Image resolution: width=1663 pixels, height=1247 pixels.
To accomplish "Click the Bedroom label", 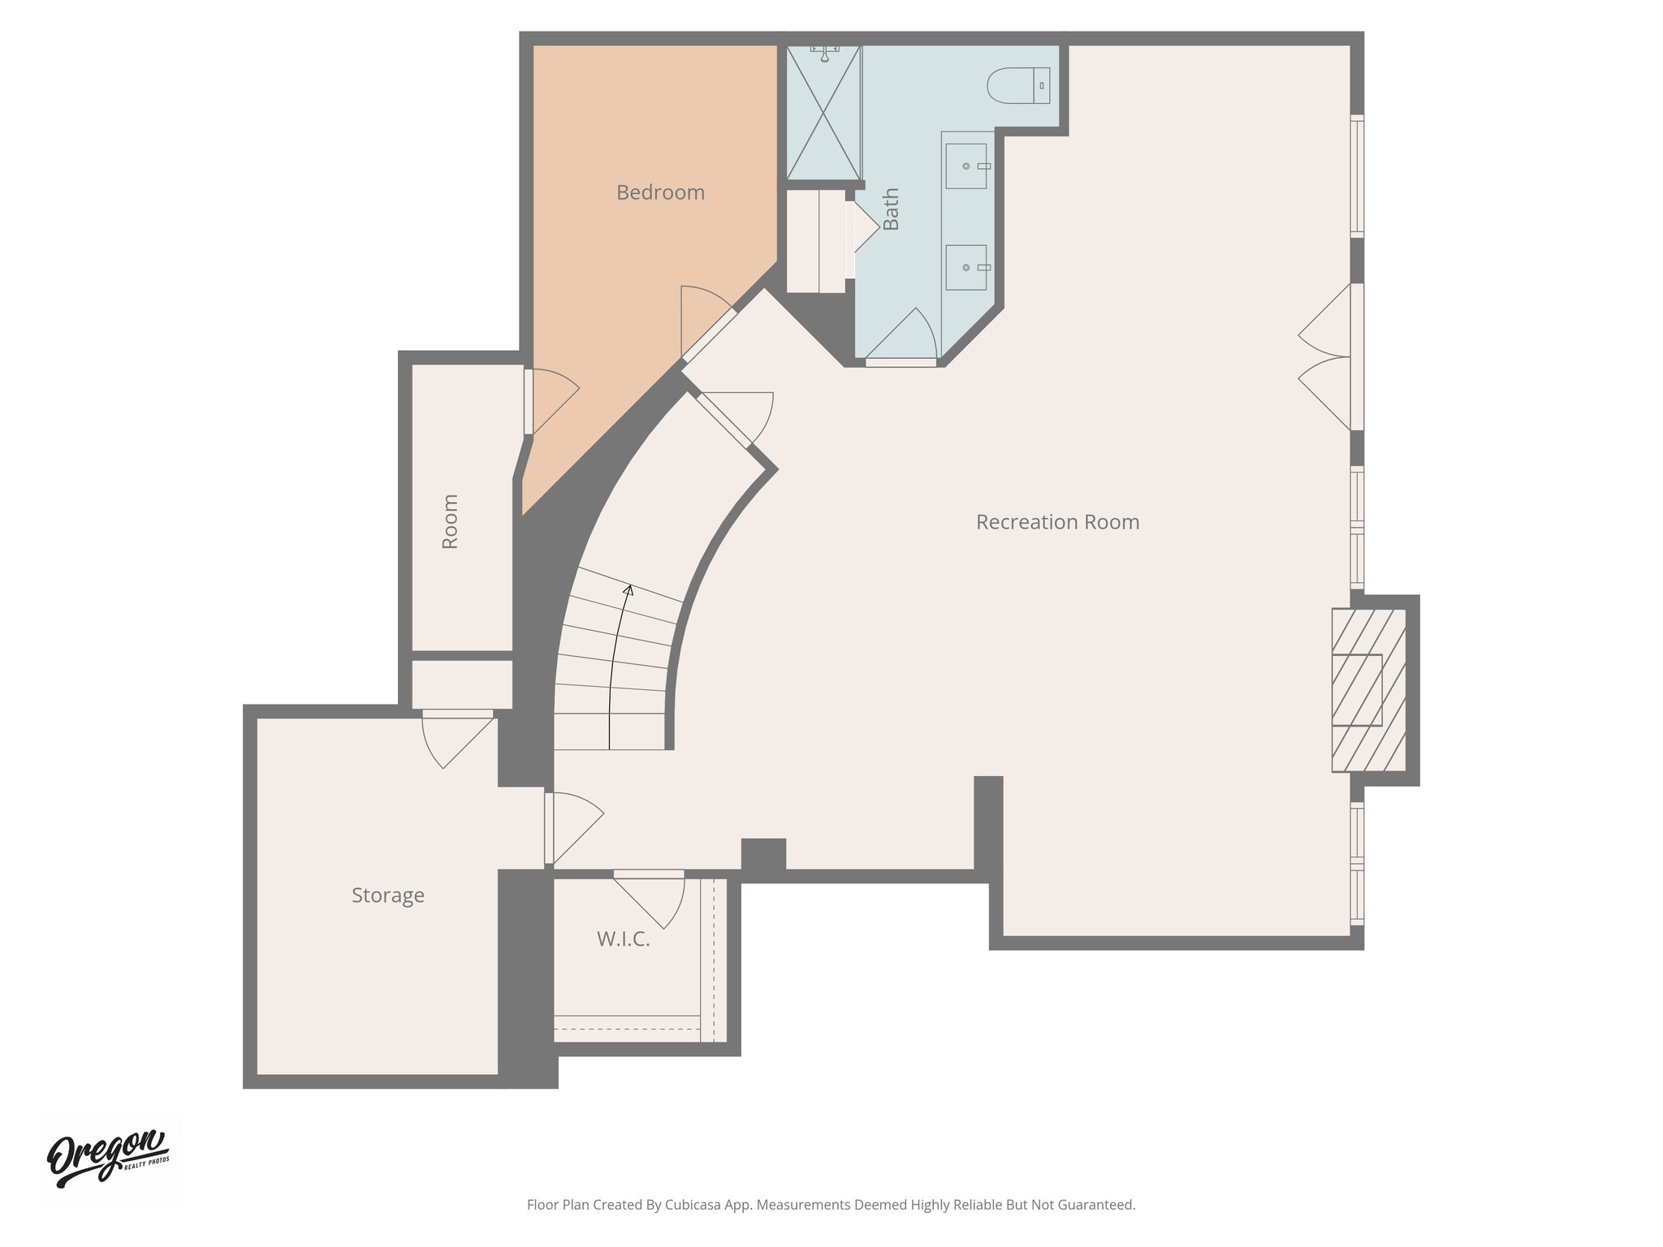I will click(660, 192).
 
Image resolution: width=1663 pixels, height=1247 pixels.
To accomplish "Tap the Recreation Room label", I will click(1057, 522).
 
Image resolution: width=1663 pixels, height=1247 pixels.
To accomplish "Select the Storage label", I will click(387, 895).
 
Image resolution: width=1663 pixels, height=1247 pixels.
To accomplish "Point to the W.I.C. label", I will click(623, 939).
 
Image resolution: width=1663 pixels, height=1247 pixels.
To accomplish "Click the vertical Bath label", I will click(891, 209).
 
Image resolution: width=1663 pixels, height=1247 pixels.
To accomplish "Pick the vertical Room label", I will click(450, 521).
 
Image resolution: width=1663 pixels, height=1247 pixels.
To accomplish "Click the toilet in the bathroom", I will click(1017, 85).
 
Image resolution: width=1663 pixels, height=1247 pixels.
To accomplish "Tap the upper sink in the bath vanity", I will click(966, 166).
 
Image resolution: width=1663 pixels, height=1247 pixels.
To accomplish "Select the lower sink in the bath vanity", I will click(966, 267).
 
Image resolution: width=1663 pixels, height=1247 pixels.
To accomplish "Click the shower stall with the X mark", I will click(823, 114).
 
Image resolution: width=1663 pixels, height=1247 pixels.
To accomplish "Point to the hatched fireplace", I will click(1368, 690).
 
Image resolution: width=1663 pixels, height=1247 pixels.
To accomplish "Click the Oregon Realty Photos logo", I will click(108, 1159).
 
